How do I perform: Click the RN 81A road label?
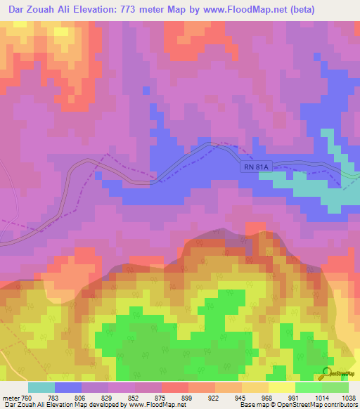pos(257,167)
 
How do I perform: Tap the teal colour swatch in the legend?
pos(41,387)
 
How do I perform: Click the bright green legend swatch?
pos(308,387)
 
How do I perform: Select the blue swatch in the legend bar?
pos(68,387)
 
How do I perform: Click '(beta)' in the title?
pos(295,10)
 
